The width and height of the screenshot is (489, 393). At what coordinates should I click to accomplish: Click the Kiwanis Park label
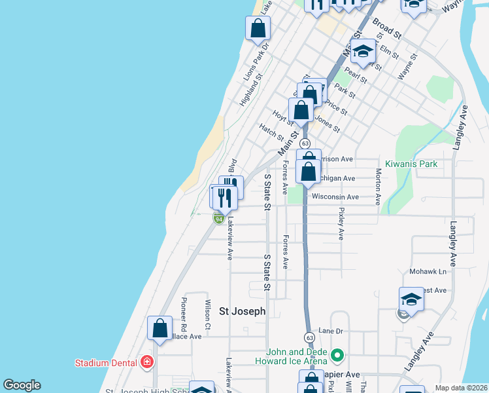411,164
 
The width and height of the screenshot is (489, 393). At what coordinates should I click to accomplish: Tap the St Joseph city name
242,312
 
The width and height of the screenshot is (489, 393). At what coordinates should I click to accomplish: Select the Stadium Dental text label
105,362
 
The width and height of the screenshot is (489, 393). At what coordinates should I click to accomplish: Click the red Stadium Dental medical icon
148,362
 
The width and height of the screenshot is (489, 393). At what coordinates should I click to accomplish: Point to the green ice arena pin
337,356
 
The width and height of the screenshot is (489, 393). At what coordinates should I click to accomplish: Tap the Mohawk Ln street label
428,271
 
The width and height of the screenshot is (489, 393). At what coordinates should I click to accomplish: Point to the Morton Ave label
379,187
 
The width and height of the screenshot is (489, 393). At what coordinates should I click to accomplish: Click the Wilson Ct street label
207,315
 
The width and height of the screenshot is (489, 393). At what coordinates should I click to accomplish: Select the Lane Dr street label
330,331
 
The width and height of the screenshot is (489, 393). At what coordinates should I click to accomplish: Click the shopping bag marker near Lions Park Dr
258,29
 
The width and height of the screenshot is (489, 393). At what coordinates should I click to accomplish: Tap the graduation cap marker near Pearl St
363,50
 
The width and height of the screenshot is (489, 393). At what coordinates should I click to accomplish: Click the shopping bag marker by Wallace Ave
160,328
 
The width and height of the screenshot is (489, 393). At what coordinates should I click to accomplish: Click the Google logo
22,385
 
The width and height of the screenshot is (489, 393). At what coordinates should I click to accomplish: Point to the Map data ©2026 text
460,388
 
